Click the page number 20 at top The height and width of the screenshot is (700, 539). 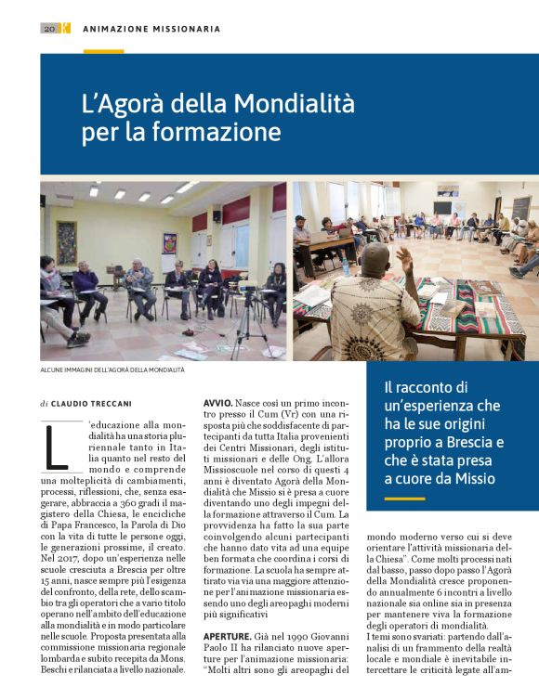49,29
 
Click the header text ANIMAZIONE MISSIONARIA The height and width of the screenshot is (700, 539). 151,29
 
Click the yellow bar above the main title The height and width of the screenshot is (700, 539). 103,51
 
